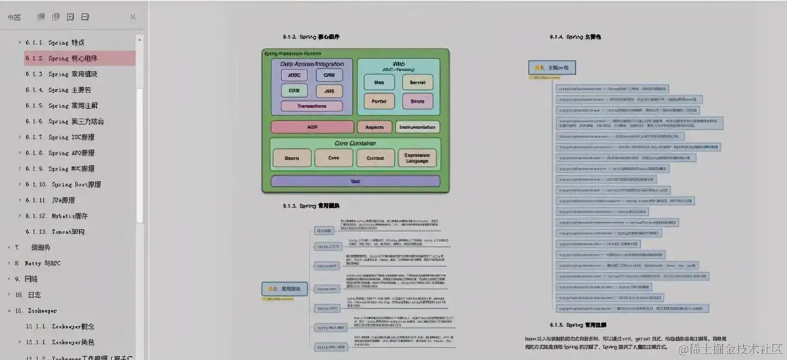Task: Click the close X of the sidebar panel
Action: tap(133, 17)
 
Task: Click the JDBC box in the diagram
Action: tap(294, 75)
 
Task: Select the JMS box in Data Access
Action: tap(329, 90)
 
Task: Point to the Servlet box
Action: tap(417, 83)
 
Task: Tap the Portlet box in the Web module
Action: tap(379, 101)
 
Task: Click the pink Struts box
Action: tap(417, 101)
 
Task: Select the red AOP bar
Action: tap(312, 127)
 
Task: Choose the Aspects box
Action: tap(374, 127)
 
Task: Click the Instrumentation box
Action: tap(418, 127)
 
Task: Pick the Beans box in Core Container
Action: tap(292, 157)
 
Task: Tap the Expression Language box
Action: tap(416, 157)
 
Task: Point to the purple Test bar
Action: tap(355, 181)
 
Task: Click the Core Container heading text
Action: tap(355, 143)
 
